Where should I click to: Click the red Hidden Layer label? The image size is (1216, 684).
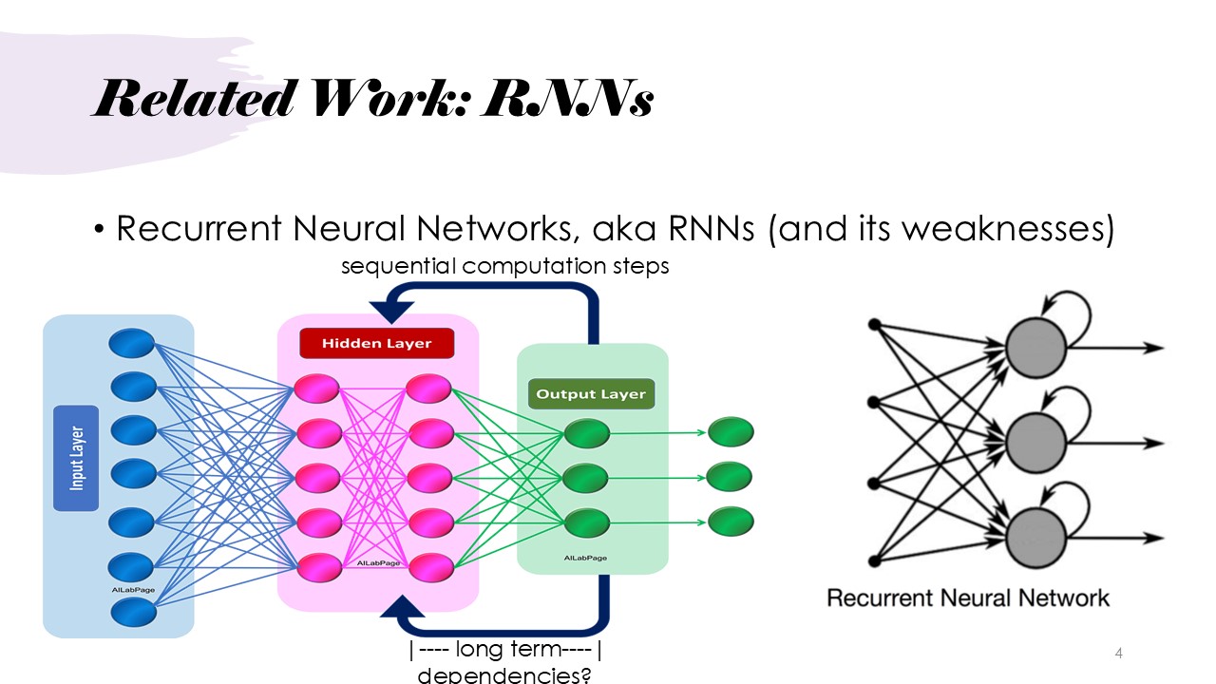click(376, 343)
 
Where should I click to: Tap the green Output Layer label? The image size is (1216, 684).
click(590, 393)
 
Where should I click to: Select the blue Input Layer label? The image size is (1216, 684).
click(76, 458)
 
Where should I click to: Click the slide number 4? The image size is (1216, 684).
click(1118, 653)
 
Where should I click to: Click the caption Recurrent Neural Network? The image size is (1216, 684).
click(967, 598)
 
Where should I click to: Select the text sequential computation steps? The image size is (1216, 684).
click(504, 266)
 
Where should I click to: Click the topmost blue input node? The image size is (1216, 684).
click(132, 342)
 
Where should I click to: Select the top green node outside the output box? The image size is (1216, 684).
click(730, 432)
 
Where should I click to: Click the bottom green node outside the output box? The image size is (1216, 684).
click(730, 521)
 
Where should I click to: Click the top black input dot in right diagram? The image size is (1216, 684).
click(875, 325)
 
